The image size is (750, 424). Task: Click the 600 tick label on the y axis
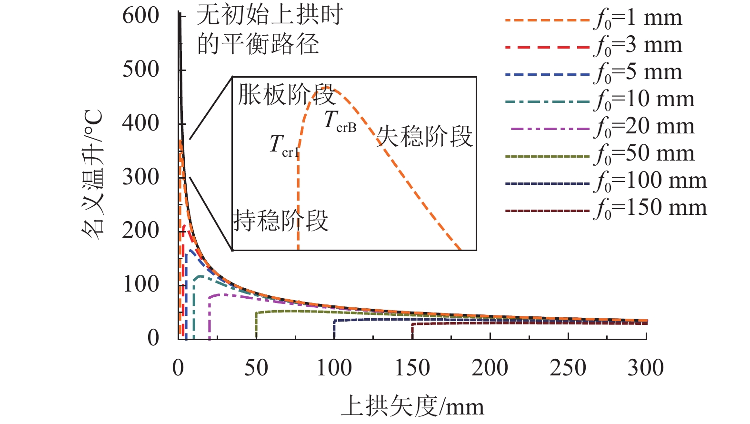click(x=141, y=16)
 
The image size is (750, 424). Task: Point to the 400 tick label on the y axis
click(x=141, y=124)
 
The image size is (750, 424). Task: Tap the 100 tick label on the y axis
click(x=141, y=285)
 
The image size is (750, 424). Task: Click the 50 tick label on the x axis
click(x=256, y=368)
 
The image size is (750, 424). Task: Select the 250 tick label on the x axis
click(x=568, y=368)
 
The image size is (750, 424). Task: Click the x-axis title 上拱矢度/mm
click(x=412, y=407)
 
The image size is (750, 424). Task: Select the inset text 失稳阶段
click(x=424, y=137)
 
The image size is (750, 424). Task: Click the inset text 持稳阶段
click(x=281, y=221)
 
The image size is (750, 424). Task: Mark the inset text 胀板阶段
click(x=286, y=95)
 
